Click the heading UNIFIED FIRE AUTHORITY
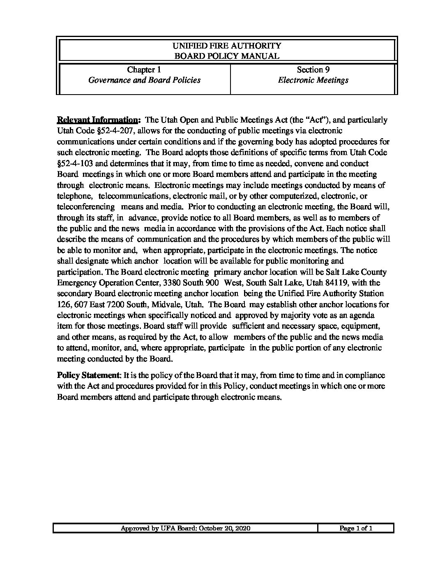[x=227, y=46]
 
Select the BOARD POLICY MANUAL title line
[x=227, y=56]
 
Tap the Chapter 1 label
[x=144, y=69]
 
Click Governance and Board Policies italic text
[x=144, y=80]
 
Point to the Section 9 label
[x=313, y=69]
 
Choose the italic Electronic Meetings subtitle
[x=313, y=80]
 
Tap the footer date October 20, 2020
[x=225, y=528]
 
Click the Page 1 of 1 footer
[x=356, y=528]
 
